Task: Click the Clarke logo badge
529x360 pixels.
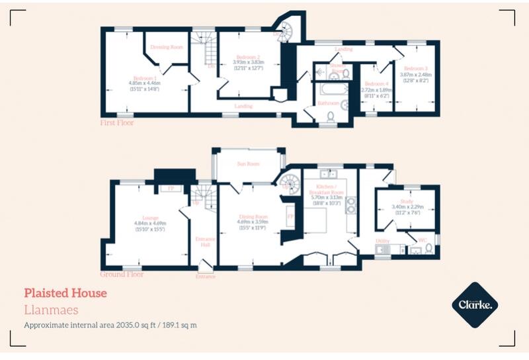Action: click(474, 305)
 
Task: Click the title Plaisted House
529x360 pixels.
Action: click(65, 292)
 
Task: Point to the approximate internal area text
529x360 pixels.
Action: click(110, 325)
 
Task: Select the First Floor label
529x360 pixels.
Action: click(117, 122)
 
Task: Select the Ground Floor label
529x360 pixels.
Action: click(122, 273)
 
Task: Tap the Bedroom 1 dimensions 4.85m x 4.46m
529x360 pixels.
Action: click(144, 83)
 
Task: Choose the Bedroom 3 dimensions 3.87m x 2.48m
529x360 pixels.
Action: click(417, 74)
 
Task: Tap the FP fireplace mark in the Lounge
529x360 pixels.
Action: click(171, 189)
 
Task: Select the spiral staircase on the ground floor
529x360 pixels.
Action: click(288, 181)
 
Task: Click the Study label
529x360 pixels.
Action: click(406, 201)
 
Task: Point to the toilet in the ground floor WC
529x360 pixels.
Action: click(428, 248)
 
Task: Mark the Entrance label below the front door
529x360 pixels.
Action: click(205, 276)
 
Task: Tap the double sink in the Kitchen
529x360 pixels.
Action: click(329, 175)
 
